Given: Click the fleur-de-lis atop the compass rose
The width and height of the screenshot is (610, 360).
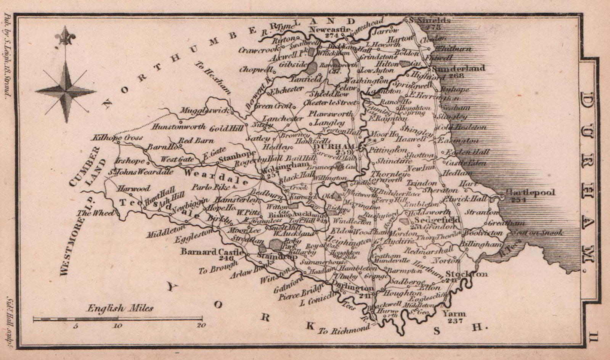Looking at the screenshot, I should [65, 36].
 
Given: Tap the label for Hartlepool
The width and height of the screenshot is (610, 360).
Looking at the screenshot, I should [530, 192].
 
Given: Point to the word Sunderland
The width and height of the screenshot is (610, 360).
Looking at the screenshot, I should [459, 68].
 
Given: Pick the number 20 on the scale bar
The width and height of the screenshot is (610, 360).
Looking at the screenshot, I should [201, 325].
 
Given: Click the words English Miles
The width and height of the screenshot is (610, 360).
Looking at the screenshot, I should [120, 308].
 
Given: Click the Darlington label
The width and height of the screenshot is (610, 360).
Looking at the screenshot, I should [352, 287].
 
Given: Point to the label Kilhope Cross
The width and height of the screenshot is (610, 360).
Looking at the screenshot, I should [117, 137].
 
